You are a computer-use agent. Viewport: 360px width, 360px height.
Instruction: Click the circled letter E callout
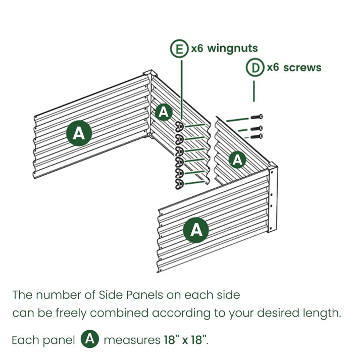click(x=179, y=48)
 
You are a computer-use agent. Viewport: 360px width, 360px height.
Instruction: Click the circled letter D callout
click(x=255, y=68)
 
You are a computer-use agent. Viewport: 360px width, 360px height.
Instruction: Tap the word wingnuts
click(x=232, y=48)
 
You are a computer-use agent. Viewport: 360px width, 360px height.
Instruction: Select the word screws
click(x=302, y=68)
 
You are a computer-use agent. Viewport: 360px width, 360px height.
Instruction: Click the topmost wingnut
click(x=179, y=127)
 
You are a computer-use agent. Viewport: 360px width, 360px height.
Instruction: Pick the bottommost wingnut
click(x=179, y=184)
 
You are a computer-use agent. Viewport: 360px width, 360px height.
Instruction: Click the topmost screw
click(x=256, y=117)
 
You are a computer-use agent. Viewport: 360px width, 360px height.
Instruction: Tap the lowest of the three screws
click(x=256, y=137)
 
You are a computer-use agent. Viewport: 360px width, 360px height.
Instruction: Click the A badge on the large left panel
click(x=79, y=133)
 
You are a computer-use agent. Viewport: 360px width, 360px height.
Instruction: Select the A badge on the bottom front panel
click(x=196, y=230)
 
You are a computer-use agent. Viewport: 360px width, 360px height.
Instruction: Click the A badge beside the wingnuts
click(x=164, y=112)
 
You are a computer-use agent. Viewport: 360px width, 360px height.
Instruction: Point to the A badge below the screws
click(x=237, y=160)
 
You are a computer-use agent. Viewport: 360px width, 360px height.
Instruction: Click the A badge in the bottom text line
click(x=90, y=339)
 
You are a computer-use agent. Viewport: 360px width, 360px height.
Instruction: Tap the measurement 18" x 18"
click(x=185, y=340)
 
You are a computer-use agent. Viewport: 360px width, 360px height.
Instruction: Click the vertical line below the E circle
click(x=182, y=89)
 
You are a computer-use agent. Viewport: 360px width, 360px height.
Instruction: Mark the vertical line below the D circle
click(x=253, y=91)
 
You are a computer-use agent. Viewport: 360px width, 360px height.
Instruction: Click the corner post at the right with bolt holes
click(x=273, y=197)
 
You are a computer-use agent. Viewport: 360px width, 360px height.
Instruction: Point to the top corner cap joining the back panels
click(x=150, y=73)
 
